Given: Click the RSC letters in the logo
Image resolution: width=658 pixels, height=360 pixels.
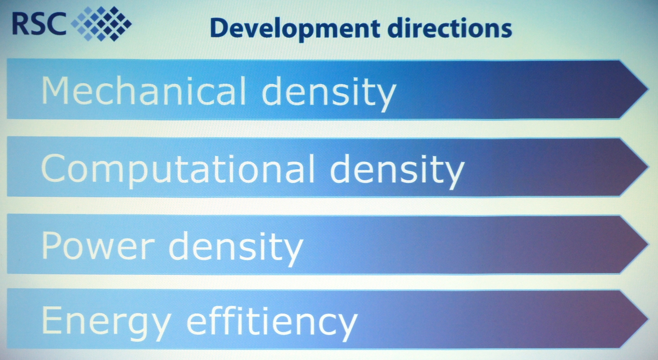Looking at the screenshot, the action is point(39,24).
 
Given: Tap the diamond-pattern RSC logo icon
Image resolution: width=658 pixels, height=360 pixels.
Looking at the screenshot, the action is point(101,23).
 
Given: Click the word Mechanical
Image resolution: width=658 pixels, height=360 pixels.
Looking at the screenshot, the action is point(144,90).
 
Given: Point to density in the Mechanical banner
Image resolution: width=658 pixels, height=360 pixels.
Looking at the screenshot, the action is point(329,93).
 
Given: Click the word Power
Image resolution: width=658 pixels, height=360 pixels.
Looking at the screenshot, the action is point(98,246).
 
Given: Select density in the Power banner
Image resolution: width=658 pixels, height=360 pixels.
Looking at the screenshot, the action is point(236,249).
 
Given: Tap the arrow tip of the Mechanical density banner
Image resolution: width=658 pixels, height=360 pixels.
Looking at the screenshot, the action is point(648,89).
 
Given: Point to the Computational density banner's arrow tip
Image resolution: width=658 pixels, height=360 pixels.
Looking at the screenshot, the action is point(648,167).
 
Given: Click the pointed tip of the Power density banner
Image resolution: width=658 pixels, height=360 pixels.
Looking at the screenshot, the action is point(648,244).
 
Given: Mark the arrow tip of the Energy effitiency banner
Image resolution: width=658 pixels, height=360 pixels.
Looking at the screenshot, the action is point(648,319).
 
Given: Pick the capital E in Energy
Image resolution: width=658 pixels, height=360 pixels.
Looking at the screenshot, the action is point(52,319).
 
